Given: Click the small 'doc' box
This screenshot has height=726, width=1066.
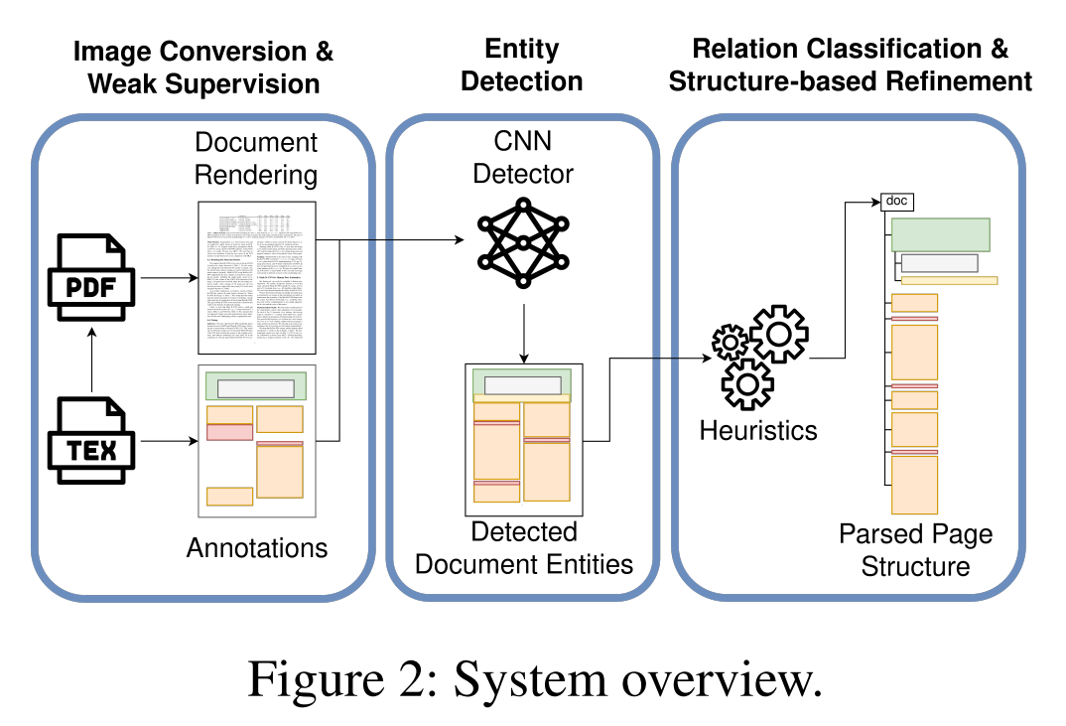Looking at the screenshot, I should [x=896, y=202].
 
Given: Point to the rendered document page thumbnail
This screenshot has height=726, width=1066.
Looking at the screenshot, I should [x=257, y=277].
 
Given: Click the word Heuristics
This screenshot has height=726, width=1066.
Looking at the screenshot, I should [x=758, y=430].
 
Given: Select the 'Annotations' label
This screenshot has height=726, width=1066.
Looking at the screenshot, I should [x=257, y=547].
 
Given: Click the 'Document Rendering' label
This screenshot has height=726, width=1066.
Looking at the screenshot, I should [x=256, y=159].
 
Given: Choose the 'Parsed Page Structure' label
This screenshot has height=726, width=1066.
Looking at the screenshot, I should [x=915, y=550].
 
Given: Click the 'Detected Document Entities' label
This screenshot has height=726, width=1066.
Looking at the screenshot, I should [x=524, y=547].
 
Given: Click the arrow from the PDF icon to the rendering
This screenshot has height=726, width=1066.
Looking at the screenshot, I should [x=168, y=279].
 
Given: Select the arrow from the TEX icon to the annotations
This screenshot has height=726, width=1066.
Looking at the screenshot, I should [x=168, y=440].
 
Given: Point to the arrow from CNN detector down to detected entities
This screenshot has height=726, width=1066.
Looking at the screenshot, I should [x=522, y=332].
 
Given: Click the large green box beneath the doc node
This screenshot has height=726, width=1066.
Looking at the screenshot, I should [x=940, y=234].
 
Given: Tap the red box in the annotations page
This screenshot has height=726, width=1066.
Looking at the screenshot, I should [x=229, y=432].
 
